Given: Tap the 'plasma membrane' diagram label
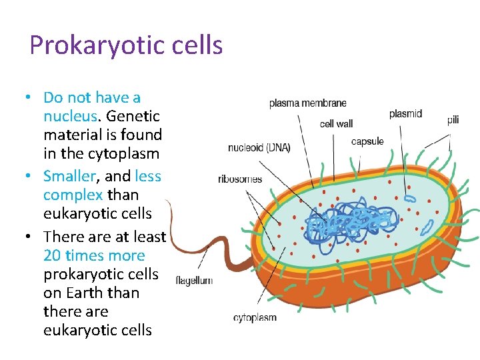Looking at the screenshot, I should pyautogui.click(x=307, y=103).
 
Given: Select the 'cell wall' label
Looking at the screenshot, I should pyautogui.click(x=336, y=123).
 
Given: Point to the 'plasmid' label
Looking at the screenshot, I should pyautogui.click(x=405, y=114).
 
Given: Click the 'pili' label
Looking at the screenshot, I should pyautogui.click(x=453, y=120).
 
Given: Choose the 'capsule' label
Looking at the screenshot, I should pyautogui.click(x=367, y=141).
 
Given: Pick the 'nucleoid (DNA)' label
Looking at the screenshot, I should pyautogui.click(x=259, y=148).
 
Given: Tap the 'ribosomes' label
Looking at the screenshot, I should pyautogui.click(x=240, y=179).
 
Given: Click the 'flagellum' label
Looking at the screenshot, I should pyautogui.click(x=194, y=281).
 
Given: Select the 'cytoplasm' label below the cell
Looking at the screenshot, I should pyautogui.click(x=255, y=318).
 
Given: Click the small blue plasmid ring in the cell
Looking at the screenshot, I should pyautogui.click(x=409, y=198).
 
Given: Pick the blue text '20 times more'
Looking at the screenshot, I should pyautogui.click(x=94, y=255).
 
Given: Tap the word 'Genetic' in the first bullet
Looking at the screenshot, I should pyautogui.click(x=133, y=116).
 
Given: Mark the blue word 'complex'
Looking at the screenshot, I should pyautogui.click(x=73, y=195).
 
